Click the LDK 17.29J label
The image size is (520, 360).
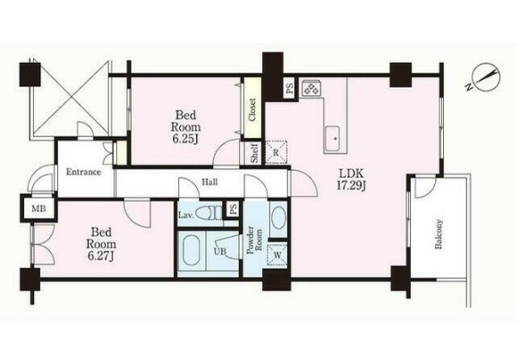[351, 179]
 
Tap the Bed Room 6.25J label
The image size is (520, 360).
[186, 127]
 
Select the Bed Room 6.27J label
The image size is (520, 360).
[101, 244]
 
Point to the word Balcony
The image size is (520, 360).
[439, 234]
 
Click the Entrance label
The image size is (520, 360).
[83, 172]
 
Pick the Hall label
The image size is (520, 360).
[210, 182]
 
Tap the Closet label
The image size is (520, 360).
[252, 109]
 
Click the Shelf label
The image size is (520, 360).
[254, 153]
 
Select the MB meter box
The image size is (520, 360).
[38, 209]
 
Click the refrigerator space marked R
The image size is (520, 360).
[277, 152]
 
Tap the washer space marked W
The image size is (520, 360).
[277, 255]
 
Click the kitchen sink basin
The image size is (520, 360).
[336, 139]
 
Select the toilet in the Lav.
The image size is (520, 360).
[209, 212]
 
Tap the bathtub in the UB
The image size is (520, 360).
[192, 250]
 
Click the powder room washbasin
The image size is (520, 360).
[278, 219]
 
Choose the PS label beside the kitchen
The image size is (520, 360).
[289, 89]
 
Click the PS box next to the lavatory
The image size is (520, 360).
[233, 209]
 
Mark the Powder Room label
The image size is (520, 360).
[254, 240]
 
